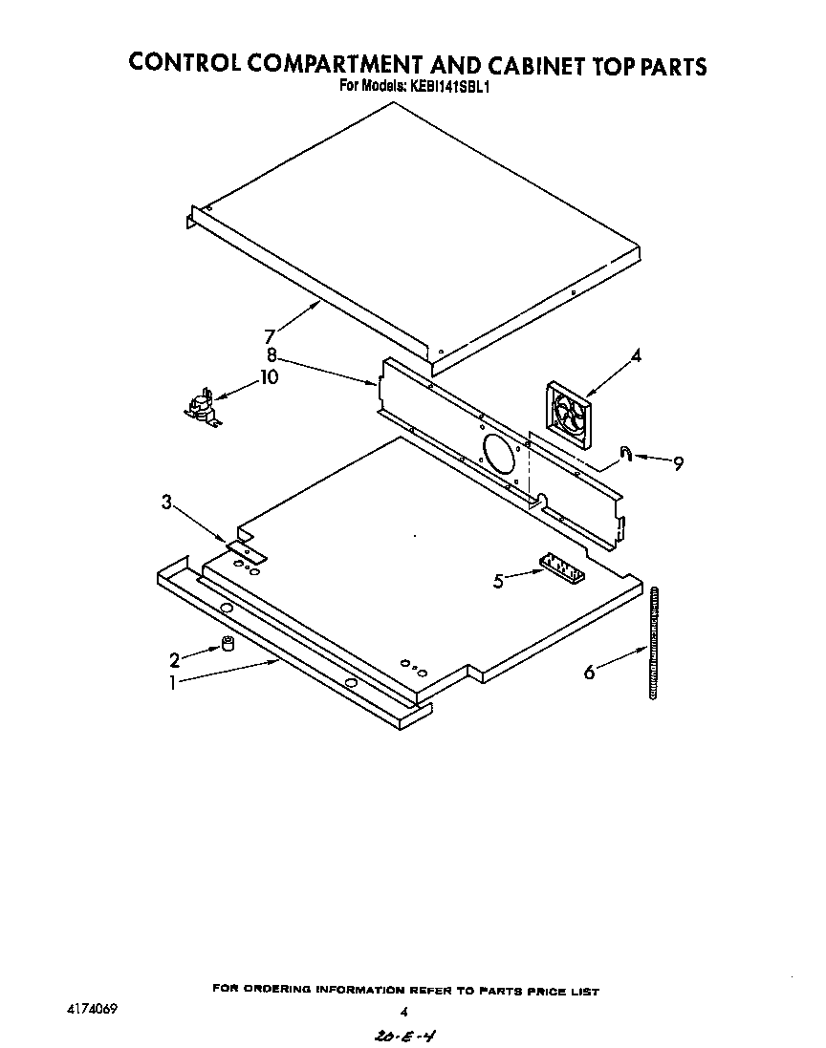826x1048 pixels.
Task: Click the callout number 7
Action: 270,336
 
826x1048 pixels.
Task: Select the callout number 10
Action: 269,377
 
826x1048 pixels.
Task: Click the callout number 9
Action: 678,464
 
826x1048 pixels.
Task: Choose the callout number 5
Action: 498,580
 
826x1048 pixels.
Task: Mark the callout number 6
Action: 590,673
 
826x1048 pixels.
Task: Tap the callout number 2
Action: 174,659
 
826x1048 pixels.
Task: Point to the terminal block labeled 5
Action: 560,567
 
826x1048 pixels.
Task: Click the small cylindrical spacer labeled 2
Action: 228,645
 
